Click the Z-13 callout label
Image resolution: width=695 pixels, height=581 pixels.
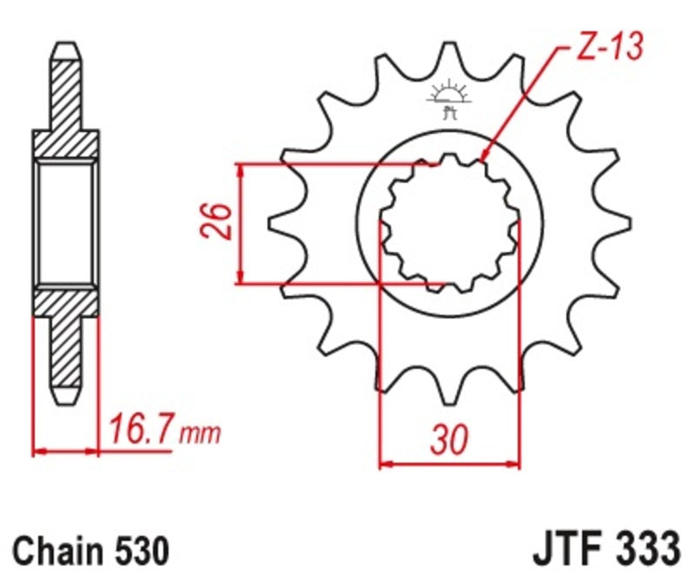(x=609, y=49)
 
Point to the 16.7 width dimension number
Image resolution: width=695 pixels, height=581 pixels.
(x=141, y=429)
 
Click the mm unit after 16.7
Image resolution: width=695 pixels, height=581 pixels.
(x=200, y=432)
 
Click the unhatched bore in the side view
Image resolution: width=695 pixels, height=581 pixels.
(x=66, y=222)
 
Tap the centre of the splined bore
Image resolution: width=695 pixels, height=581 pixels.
(x=449, y=222)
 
